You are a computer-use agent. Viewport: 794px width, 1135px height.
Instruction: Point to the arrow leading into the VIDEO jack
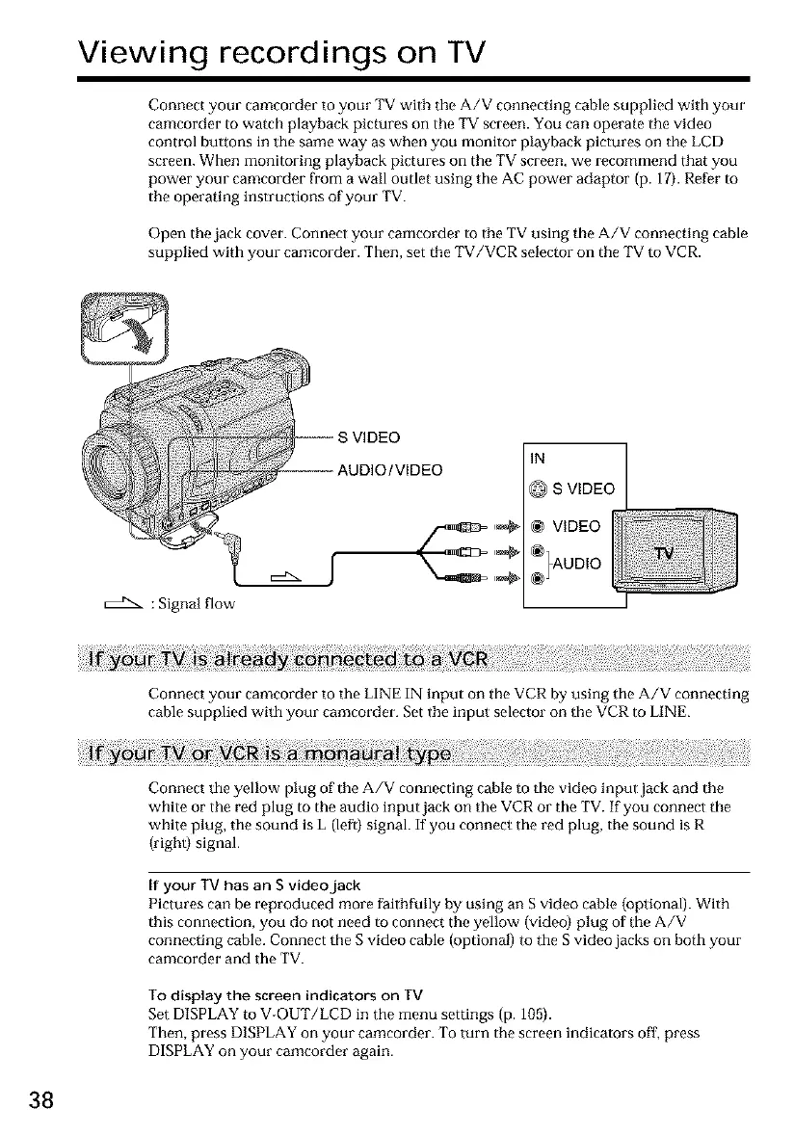point(508,527)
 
